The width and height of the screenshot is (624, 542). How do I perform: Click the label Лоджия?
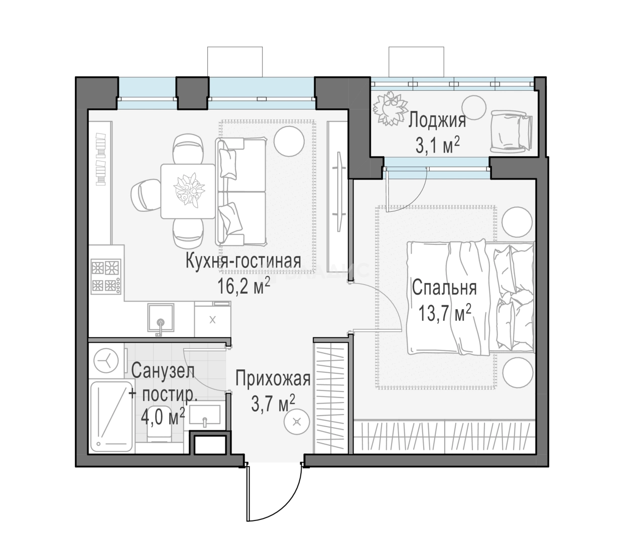click(x=437, y=121)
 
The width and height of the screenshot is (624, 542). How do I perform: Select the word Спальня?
click(x=444, y=288)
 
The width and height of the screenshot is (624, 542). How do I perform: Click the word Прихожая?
click(x=273, y=378)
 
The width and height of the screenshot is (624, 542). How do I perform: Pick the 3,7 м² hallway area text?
click(x=273, y=403)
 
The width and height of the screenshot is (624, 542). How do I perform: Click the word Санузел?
click(x=163, y=371)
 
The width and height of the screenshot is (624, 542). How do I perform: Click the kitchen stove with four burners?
click(x=106, y=277)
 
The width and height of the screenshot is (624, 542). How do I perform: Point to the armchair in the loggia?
click(x=511, y=131)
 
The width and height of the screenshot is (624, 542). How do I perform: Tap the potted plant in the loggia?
click(x=390, y=108)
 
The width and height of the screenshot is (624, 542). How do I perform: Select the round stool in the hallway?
click(x=297, y=422)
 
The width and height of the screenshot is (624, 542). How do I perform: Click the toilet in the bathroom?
click(x=159, y=424)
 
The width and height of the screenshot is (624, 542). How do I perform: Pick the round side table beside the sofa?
click(x=289, y=141)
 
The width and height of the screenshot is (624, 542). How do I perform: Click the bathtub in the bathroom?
click(x=112, y=417)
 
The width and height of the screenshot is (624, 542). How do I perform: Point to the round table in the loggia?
click(x=473, y=107)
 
